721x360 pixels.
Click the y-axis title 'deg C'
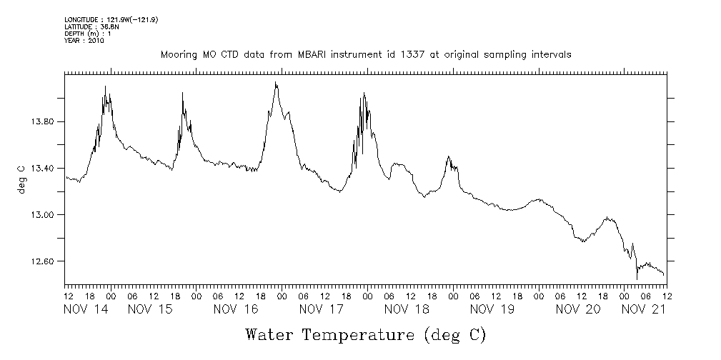click(x=21, y=179)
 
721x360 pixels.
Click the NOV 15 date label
click(x=151, y=309)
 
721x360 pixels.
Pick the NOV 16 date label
click(x=236, y=309)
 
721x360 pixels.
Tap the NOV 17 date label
click(x=322, y=309)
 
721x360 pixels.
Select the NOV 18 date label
click(x=407, y=309)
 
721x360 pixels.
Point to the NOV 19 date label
click(x=492, y=309)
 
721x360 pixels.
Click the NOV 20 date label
click(x=578, y=309)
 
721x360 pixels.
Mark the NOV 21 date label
click(x=642, y=309)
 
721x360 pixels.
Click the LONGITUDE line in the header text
click(x=111, y=20)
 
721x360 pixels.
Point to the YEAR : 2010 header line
click(x=84, y=41)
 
